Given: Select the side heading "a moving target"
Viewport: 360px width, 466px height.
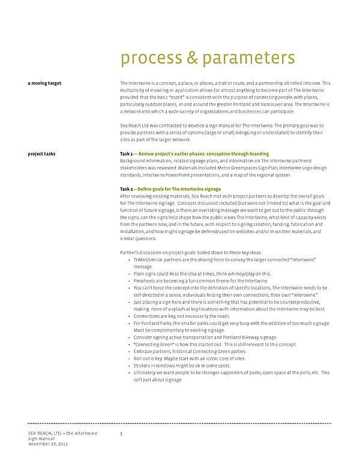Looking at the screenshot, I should tap(44, 83).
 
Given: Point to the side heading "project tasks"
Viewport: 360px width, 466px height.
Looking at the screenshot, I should tap(42, 154).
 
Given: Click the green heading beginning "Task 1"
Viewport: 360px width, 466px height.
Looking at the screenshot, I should tap(194, 154).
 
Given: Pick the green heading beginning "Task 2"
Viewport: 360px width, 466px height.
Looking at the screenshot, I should tap(170, 189).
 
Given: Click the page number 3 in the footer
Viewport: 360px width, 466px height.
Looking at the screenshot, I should tap(121, 432).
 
